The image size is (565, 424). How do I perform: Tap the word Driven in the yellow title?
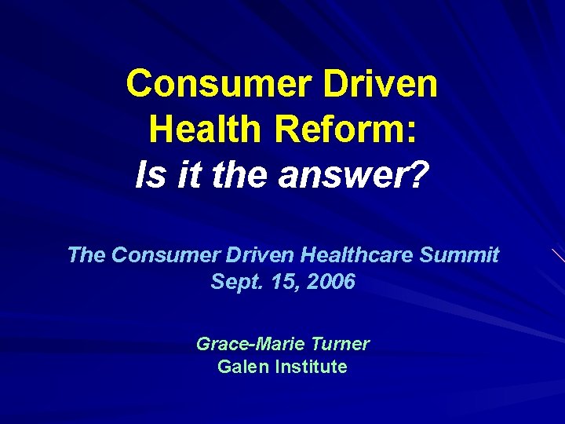pos(386,83)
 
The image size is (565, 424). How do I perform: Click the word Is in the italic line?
pos(147,174)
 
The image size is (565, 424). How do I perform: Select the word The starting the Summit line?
pos(86,254)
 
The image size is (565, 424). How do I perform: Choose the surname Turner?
pos(340,344)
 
